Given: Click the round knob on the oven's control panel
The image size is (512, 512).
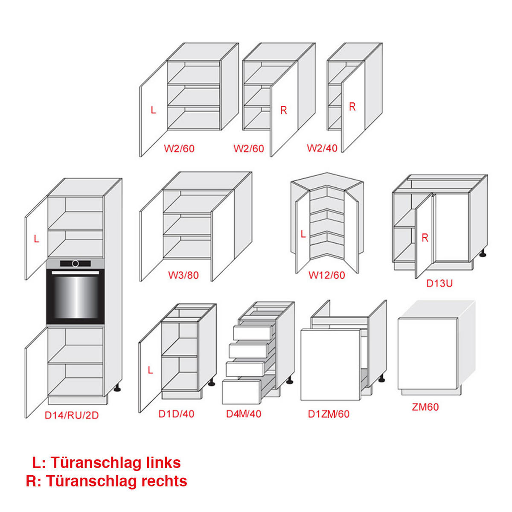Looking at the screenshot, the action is (x=76, y=263).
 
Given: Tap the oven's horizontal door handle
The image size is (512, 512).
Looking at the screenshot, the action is (x=75, y=273).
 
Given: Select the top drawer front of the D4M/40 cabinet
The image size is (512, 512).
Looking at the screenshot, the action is (x=253, y=332).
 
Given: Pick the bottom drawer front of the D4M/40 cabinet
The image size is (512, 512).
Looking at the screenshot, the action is (x=241, y=392).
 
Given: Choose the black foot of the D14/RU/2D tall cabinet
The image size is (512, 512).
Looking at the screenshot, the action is (x=117, y=390).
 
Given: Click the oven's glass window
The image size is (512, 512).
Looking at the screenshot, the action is (x=75, y=297).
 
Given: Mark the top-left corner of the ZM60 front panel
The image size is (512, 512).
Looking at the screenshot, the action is (x=398, y=319).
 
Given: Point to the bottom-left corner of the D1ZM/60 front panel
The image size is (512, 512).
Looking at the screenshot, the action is (x=301, y=400).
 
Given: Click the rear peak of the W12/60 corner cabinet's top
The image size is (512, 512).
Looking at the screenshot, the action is (x=327, y=173).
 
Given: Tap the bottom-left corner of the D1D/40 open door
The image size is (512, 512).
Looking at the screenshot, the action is (x=139, y=412).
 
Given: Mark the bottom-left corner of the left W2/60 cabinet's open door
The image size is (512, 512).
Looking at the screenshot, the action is (x=140, y=157).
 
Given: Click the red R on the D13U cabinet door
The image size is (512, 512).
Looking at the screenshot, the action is (x=425, y=238).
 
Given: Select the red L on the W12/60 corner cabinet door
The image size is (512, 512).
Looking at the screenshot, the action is (x=303, y=234).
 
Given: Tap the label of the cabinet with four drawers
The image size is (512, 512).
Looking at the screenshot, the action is (x=244, y=414).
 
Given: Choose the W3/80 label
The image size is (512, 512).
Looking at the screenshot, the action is (x=183, y=275).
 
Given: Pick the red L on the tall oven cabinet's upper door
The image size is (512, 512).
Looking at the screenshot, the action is (x=36, y=239).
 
